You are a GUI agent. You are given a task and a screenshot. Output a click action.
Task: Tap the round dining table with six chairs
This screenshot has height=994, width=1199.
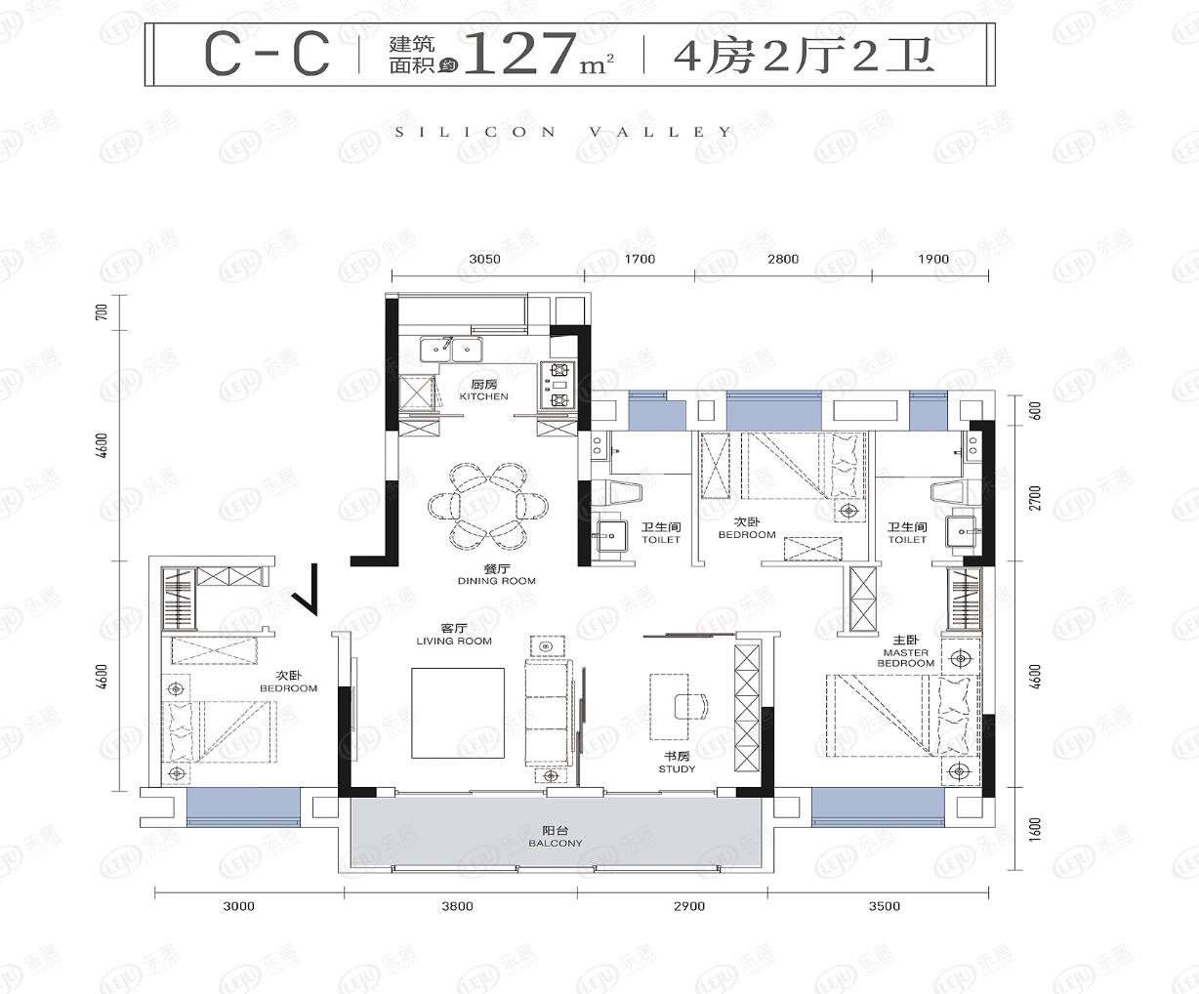pos(487,506)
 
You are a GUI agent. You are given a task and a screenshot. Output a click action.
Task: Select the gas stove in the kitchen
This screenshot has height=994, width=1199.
pos(558,385)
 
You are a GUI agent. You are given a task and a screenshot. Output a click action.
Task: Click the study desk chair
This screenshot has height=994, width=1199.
pos(691,706)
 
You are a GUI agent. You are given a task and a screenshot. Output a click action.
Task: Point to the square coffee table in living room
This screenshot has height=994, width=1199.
pos(458,713)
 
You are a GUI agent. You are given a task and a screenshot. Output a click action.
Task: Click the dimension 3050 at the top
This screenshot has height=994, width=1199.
pos(484,259)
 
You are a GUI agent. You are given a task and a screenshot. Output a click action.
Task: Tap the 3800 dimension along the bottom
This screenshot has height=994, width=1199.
pos(457,906)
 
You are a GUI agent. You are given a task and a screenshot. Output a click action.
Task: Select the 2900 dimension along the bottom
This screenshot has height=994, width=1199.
pos(689,906)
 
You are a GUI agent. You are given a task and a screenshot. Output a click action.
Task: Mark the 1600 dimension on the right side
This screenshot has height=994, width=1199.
pos(1035,829)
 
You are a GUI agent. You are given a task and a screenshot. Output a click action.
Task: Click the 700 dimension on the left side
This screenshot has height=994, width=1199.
pos(102,311)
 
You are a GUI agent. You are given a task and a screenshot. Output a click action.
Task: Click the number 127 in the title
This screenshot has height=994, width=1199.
pos(520,54)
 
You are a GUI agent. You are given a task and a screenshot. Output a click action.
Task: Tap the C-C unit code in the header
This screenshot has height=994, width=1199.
pos(267,54)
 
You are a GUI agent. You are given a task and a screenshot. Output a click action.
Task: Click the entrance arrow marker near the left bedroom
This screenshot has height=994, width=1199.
pos(305,589)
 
